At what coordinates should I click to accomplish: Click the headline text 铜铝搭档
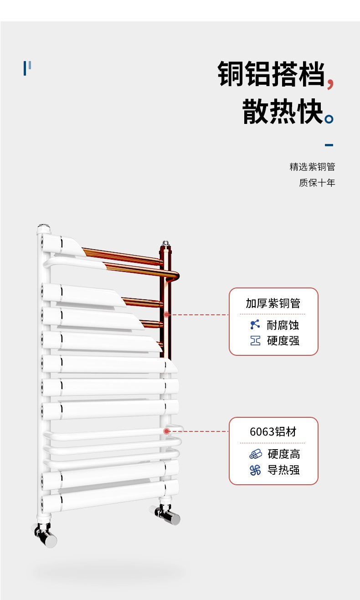(x=272, y=74)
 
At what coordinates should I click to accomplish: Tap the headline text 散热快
(x=283, y=112)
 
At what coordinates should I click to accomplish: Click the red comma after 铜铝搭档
(x=331, y=83)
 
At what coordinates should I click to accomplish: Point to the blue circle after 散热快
(x=329, y=120)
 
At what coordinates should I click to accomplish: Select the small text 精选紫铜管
(x=312, y=167)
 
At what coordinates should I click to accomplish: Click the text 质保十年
(x=317, y=183)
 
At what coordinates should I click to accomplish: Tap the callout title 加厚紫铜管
(x=273, y=303)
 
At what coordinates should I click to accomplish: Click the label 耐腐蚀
(x=283, y=325)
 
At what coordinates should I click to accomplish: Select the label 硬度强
(x=283, y=340)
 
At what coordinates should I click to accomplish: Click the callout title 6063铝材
(x=273, y=431)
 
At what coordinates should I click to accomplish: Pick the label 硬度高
(x=283, y=454)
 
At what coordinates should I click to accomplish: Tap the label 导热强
(x=283, y=470)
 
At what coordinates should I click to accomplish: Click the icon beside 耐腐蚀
(x=255, y=325)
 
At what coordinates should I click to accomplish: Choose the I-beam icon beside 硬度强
(x=255, y=340)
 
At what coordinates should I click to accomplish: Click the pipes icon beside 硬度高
(x=256, y=454)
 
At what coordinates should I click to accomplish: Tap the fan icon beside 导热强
(x=256, y=470)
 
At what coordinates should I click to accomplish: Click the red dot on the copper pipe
(x=167, y=314)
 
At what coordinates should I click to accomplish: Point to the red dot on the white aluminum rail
(x=167, y=431)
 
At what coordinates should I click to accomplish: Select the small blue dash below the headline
(x=329, y=145)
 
